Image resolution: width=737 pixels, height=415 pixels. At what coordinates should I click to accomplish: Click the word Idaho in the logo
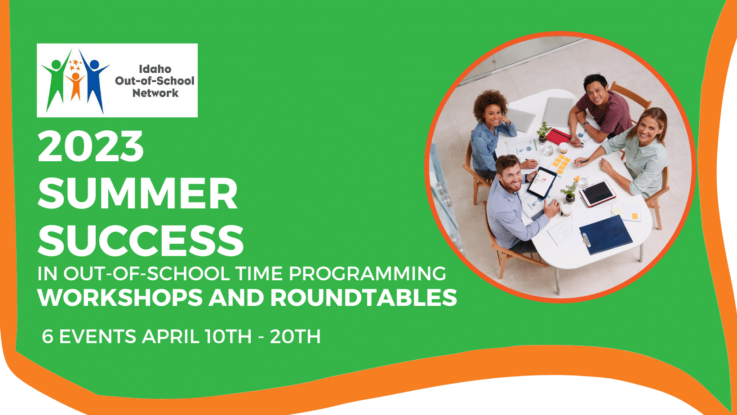pyautogui.click(x=155, y=69)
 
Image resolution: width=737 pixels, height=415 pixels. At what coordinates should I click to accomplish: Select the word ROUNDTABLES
pyautogui.click(x=364, y=298)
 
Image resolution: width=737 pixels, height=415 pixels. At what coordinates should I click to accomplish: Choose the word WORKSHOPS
pyautogui.click(x=120, y=298)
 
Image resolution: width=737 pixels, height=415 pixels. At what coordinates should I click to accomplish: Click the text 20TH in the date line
pyautogui.click(x=295, y=336)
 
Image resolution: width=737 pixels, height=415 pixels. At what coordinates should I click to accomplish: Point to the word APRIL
pyautogui.click(x=170, y=336)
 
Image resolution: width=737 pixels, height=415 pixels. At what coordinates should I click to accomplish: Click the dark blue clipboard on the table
pyautogui.click(x=606, y=234)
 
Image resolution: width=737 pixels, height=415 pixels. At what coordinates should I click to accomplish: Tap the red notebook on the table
pyautogui.click(x=558, y=136)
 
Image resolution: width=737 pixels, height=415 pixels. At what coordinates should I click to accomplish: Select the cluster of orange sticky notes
pyautogui.click(x=561, y=163)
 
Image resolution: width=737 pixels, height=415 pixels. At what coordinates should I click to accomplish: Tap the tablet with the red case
pyautogui.click(x=598, y=194)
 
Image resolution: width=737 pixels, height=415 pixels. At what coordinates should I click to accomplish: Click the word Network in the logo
pyautogui.click(x=155, y=93)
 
